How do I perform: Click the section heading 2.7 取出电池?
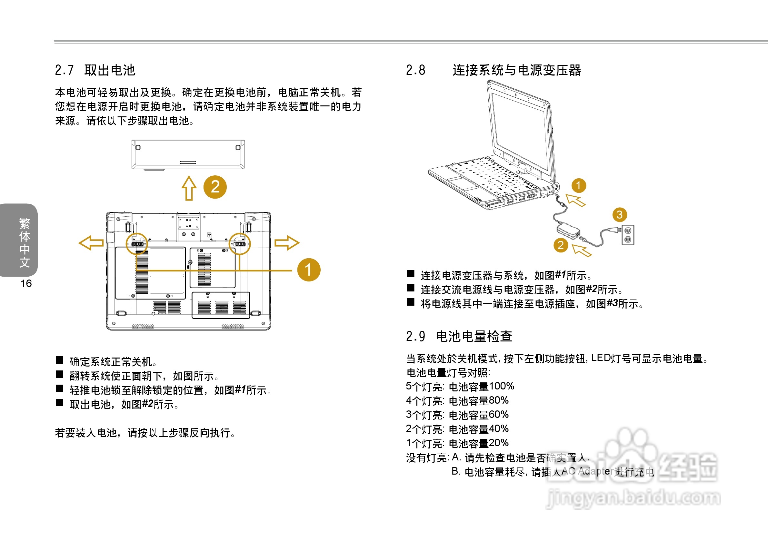[x=95, y=70]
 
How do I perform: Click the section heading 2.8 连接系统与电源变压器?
[x=494, y=70]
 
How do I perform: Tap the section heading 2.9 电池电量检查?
[x=459, y=336]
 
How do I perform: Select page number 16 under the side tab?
[x=26, y=283]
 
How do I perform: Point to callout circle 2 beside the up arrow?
[x=215, y=187]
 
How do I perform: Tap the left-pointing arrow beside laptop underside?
[x=91, y=243]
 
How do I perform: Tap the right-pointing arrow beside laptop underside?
[x=287, y=243]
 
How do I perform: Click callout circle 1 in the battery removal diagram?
[x=309, y=270]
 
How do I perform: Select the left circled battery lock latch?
[x=136, y=244]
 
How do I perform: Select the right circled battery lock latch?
[x=240, y=244]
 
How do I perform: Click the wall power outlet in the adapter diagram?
[x=628, y=235]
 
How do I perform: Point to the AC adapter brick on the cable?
[x=568, y=231]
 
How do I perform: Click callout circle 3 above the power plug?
[x=620, y=215]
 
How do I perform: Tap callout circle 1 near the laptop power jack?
[x=579, y=186]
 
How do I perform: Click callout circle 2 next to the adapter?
[x=561, y=245]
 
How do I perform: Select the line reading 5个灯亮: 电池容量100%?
[x=460, y=387]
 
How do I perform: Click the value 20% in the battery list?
[x=498, y=443]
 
